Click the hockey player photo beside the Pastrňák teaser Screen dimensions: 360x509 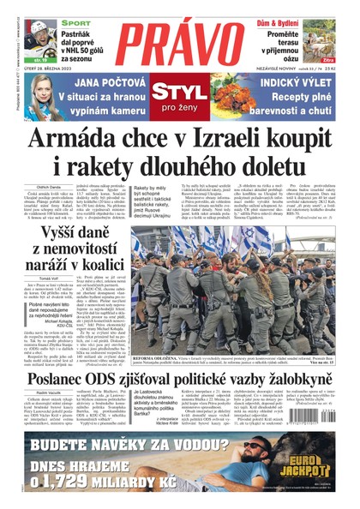pyautogui.click(x=35, y=45)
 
